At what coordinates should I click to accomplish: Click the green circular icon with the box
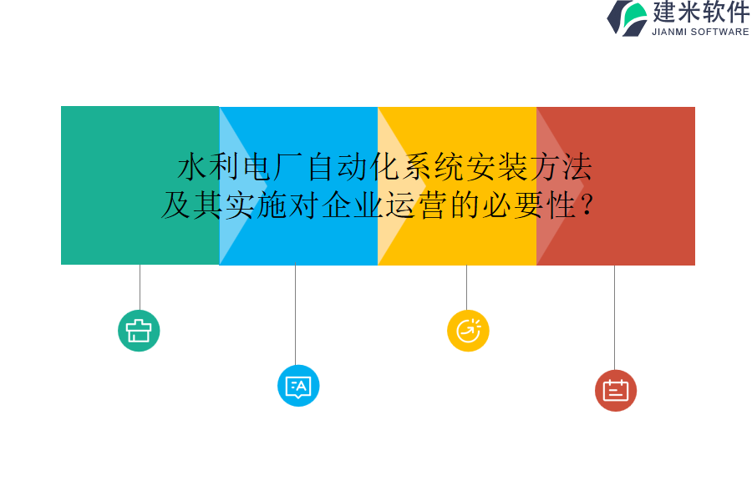[x=139, y=331]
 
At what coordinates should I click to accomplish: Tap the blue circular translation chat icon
[x=298, y=386]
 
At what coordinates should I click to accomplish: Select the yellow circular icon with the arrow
[x=468, y=331]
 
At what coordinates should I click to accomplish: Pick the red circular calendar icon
[x=616, y=391]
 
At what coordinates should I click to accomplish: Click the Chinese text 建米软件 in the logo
[x=701, y=13]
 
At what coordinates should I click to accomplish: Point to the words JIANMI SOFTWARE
[x=700, y=32]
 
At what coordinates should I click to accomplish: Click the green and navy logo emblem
[x=628, y=18]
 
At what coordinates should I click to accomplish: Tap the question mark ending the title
[x=587, y=205]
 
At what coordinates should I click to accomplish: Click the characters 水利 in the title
[x=208, y=168]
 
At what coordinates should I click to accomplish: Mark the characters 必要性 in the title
[x=529, y=205]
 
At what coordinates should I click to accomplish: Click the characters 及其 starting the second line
[x=192, y=205]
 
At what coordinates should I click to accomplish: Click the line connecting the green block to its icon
[x=140, y=287]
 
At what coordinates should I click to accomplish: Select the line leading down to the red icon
[x=614, y=317]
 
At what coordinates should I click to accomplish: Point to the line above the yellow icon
[x=466, y=287]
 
